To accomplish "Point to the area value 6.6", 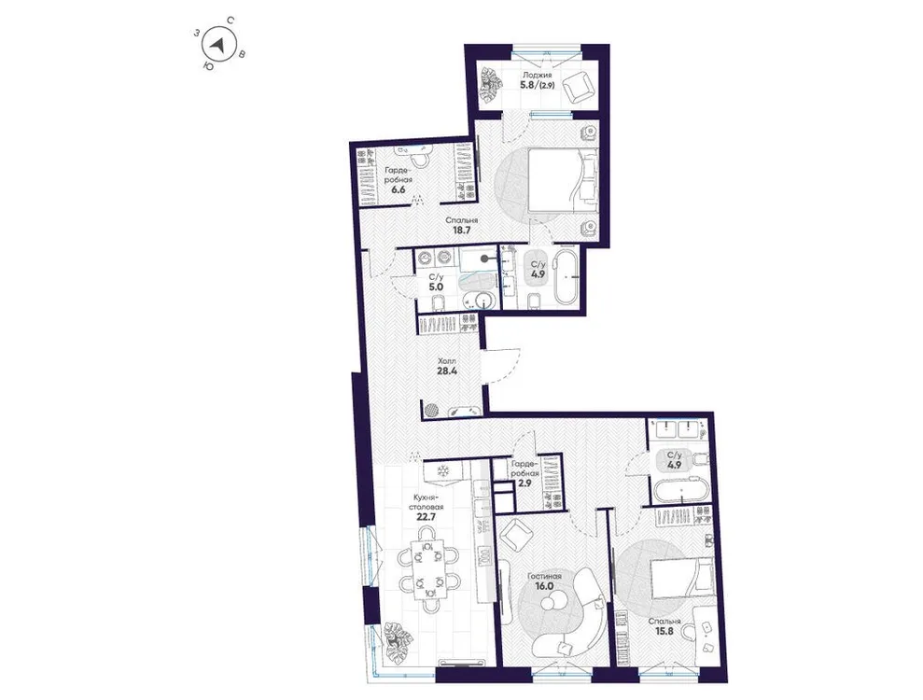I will pos(398,189).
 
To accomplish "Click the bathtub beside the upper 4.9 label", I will pos(566,278).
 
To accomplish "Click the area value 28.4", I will pos(449,369).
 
